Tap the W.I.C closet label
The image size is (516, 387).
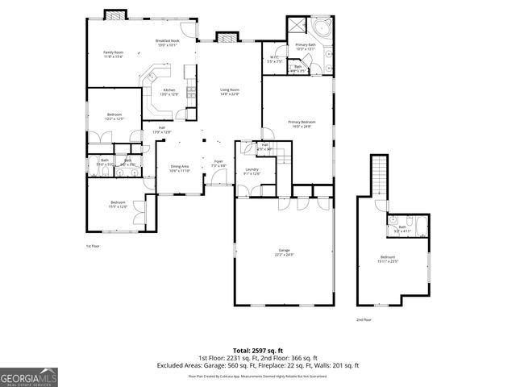coord(274,59)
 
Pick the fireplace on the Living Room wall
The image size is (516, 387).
coord(225,36)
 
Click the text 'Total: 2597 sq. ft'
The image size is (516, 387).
coord(258,351)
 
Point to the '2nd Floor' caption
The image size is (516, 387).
coord(364,319)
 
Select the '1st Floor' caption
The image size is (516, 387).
coord(93,245)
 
